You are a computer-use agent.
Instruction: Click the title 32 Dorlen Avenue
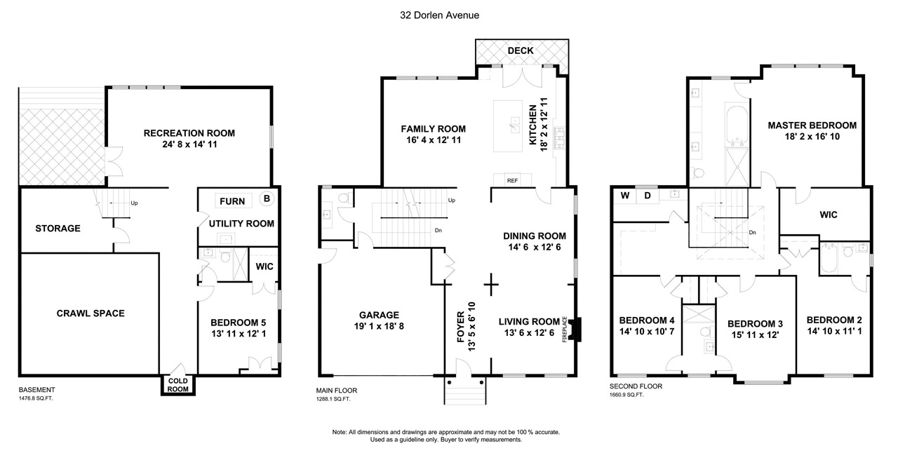[439, 15]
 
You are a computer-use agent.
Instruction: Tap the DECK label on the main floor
[521, 50]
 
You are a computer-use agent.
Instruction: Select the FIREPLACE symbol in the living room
[576, 330]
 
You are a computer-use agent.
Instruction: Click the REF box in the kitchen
[512, 180]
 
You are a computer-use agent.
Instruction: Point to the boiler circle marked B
[267, 198]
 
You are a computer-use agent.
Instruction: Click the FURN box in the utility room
[233, 201]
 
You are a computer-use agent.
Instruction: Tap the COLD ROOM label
[177, 385]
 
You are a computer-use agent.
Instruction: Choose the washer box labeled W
[624, 196]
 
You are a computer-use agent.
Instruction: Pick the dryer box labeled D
[648, 196]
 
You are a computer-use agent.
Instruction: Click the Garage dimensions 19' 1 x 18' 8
[379, 326]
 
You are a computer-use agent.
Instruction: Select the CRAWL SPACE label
[91, 313]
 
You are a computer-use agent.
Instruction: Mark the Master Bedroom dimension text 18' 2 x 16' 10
[812, 137]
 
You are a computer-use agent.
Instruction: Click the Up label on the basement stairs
[134, 203]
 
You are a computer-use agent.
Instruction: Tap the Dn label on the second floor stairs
[752, 233]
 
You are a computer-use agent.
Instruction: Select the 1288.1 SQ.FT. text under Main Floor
[333, 399]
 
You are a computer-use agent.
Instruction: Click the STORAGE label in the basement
[58, 229]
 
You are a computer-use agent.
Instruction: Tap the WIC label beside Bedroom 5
[264, 266]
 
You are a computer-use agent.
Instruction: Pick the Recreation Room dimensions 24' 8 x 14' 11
[189, 144]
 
